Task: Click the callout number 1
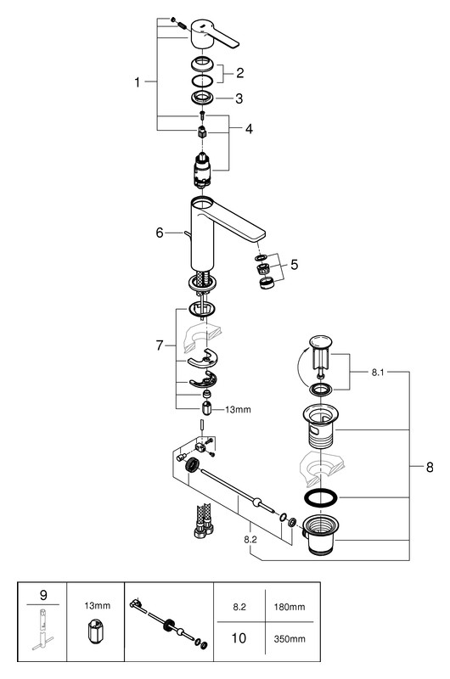[x=138, y=81]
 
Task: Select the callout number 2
[x=240, y=73]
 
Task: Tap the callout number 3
[x=239, y=98]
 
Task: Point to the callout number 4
[x=249, y=129]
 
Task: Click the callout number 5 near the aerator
[x=295, y=264]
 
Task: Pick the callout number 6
[x=160, y=233]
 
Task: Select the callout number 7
[x=160, y=345]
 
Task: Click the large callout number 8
[x=430, y=467]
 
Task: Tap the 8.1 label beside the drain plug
[x=378, y=373]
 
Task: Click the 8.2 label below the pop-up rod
[x=250, y=539]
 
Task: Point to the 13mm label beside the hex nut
[x=238, y=409]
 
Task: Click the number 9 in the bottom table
[x=43, y=595]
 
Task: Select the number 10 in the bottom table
[x=239, y=638]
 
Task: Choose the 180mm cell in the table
[x=290, y=607]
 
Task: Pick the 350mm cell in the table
[x=290, y=639]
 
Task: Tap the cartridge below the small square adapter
[x=201, y=171]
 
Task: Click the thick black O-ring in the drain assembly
[x=321, y=498]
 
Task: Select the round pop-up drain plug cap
[x=321, y=341]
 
